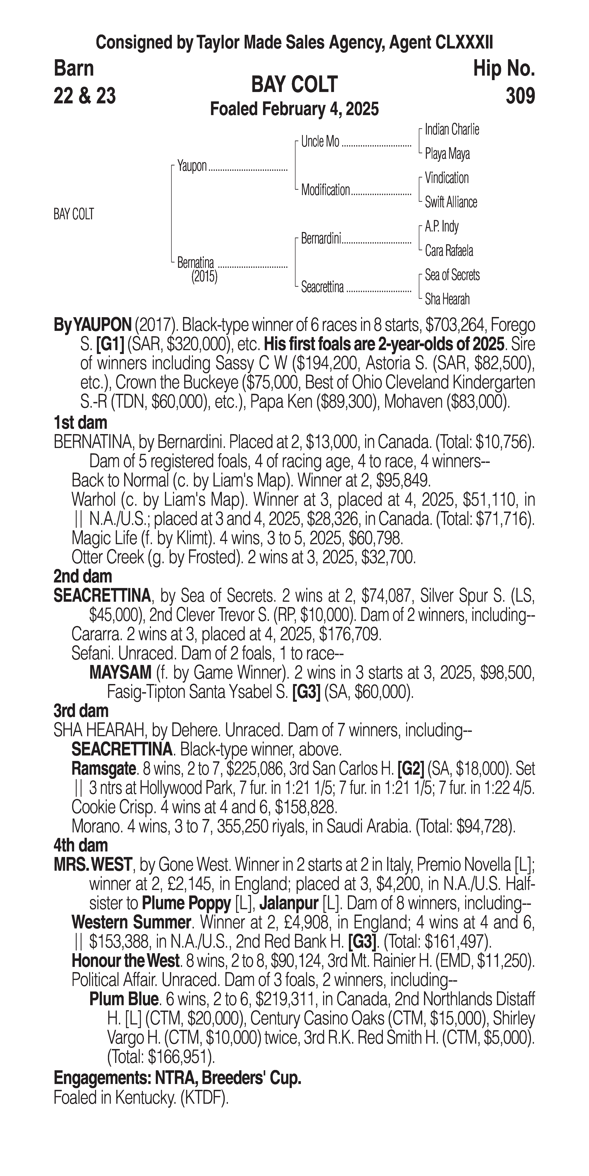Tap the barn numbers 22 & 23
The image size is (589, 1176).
(85, 96)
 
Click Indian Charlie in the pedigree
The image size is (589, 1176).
(452, 130)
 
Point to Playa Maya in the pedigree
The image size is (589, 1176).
(447, 154)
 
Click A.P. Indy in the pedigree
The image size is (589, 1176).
(442, 227)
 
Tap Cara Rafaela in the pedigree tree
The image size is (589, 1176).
(449, 251)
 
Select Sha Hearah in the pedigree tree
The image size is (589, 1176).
(447, 299)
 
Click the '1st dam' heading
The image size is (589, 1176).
(80, 423)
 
